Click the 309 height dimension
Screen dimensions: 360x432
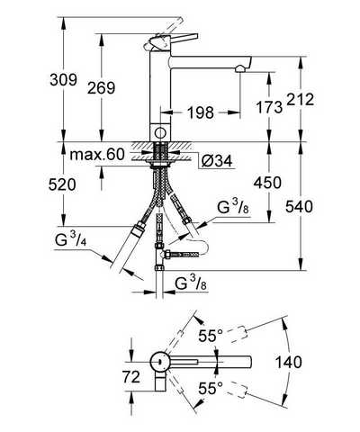(x=63, y=80)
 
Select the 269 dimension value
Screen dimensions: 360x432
(x=101, y=88)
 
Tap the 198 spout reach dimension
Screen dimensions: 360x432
(x=201, y=112)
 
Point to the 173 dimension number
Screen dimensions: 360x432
(x=269, y=107)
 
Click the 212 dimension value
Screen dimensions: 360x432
(x=301, y=100)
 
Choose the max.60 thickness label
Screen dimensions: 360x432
(x=97, y=155)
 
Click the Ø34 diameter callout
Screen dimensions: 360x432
(x=217, y=162)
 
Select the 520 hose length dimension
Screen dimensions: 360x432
(x=62, y=184)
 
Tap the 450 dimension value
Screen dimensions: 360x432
(x=267, y=183)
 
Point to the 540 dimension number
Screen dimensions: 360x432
(x=299, y=206)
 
